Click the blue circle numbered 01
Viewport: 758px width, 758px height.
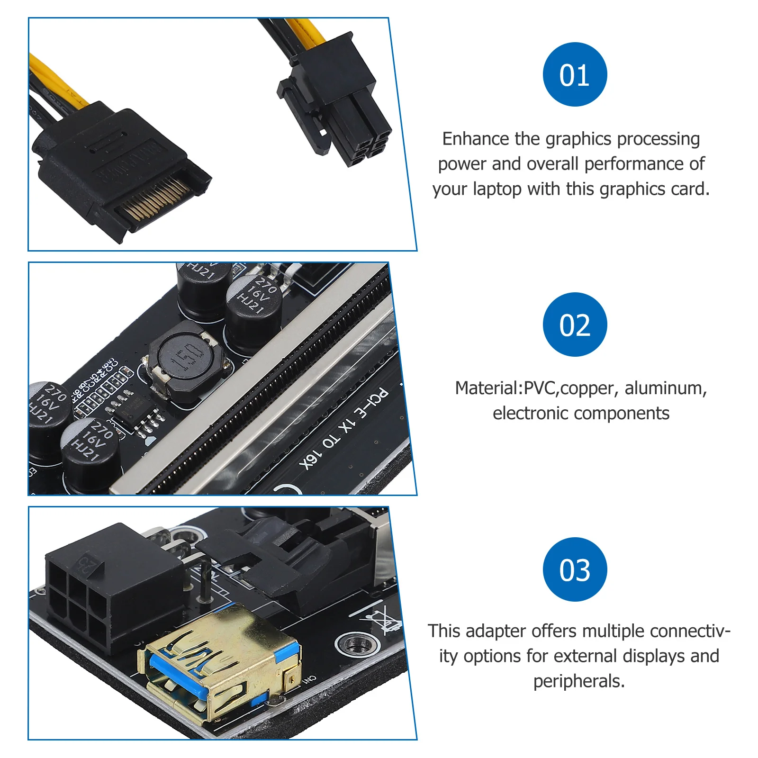575,74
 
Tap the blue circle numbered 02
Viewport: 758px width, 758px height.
575,325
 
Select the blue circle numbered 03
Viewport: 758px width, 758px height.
575,569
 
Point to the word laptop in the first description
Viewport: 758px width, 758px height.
497,189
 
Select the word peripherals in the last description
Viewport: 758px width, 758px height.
579,681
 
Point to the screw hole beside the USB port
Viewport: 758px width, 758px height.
357,644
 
